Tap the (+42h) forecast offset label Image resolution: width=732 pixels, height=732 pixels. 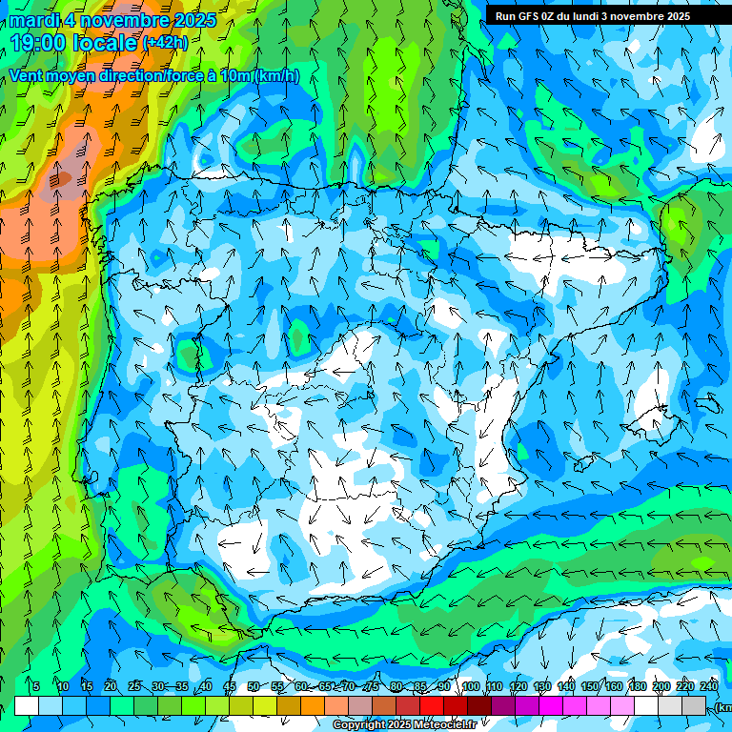pos(165,43)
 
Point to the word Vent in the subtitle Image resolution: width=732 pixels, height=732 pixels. pos(27,75)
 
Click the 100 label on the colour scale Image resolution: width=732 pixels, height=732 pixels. pos(470,686)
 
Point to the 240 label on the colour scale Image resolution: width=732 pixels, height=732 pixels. pos(709,686)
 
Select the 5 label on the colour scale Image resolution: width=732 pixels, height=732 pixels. pos(35,686)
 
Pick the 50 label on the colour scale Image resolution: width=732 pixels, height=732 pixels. pos(253,686)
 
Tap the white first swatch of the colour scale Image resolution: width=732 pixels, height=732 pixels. pos(27,705)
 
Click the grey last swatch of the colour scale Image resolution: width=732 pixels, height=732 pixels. pos(694,705)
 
